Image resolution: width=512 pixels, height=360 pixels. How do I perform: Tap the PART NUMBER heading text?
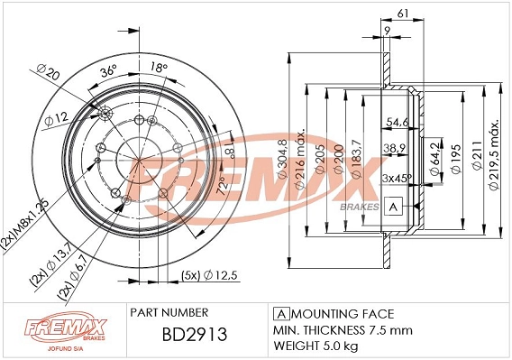point(169,311)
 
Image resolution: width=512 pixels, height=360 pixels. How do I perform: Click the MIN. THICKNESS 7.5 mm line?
point(342,329)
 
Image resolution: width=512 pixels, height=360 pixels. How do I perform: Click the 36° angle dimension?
point(108,71)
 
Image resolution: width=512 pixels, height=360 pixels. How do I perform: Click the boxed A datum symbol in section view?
point(393,207)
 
